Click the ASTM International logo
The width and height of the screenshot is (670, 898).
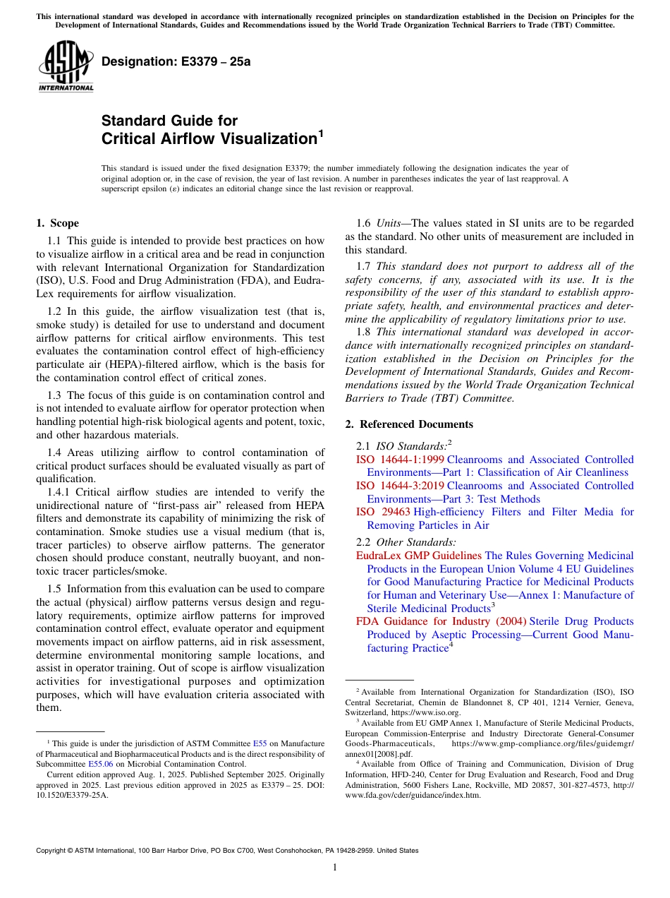click(x=66, y=67)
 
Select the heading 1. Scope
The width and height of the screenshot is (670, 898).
click(x=57, y=223)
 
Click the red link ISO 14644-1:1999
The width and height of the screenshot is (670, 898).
click(x=400, y=460)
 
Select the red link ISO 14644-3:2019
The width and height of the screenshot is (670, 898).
click(x=400, y=486)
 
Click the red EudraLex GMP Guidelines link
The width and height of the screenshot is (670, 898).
click(x=418, y=556)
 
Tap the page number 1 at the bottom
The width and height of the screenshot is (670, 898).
click(x=335, y=867)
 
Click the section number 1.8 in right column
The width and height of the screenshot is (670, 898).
click(x=363, y=332)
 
